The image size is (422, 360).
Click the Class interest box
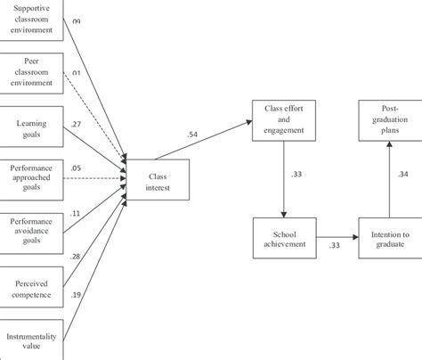coord(157,181)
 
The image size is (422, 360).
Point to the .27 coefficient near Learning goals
coord(77,126)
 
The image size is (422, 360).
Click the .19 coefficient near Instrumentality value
coord(77,294)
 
